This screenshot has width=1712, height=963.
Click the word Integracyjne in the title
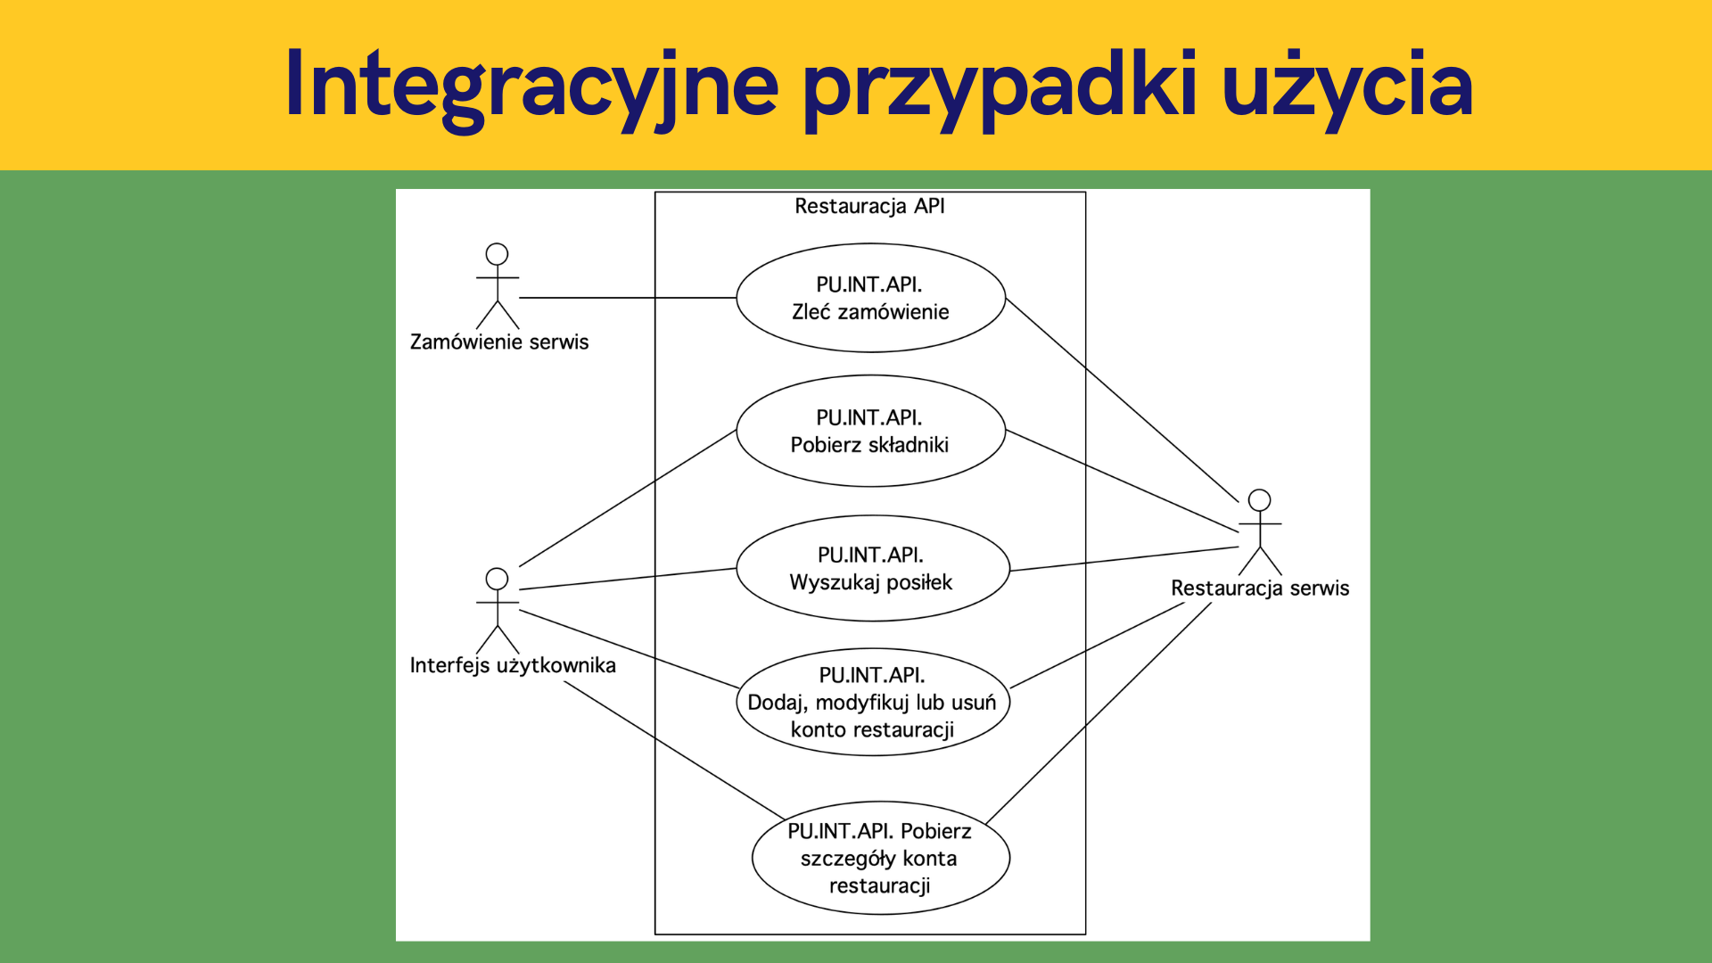(532, 86)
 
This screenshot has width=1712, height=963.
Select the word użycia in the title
(1347, 86)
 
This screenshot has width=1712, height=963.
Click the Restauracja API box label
(869, 206)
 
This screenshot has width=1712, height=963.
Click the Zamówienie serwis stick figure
(497, 286)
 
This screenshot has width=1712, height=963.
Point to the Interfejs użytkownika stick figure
(497, 611)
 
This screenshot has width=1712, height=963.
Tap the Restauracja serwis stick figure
(1260, 532)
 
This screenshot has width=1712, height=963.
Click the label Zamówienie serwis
(499, 342)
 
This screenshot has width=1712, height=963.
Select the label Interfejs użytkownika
(513, 666)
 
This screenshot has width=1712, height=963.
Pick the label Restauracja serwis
(1260, 588)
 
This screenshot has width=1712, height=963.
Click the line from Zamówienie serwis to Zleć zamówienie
(628, 298)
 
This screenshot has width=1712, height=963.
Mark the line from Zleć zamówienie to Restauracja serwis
(1123, 400)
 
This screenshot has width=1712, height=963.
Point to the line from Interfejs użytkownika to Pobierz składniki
(628, 498)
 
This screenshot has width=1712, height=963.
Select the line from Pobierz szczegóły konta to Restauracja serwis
(1099, 712)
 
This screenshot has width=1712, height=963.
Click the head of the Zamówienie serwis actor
(497, 254)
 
